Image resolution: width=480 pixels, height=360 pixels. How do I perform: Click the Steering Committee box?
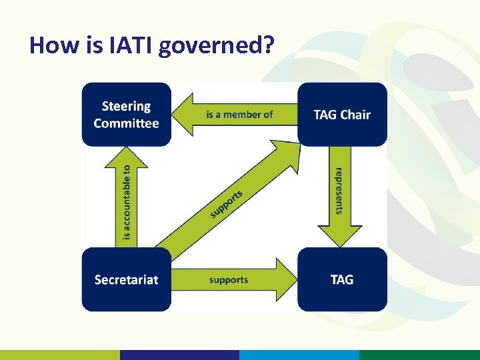click(127, 114)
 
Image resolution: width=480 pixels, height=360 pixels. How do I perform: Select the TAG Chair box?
click(342, 114)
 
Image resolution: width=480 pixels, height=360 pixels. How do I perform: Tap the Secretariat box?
click(127, 279)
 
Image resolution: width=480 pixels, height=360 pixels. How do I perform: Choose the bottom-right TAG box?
click(342, 279)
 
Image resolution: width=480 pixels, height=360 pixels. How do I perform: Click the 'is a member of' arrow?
click(237, 114)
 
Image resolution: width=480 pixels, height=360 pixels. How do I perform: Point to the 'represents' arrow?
click(340, 193)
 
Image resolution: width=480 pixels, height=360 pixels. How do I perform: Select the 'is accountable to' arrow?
click(127, 200)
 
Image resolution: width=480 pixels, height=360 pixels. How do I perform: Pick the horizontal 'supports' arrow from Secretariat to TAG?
click(233, 279)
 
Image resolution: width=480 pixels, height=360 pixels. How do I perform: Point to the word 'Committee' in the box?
click(127, 123)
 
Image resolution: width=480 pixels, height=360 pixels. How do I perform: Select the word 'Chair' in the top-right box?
click(355, 114)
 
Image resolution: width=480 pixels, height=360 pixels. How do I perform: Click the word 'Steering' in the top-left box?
click(127, 106)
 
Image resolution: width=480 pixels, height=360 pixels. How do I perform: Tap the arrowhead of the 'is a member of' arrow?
click(183, 114)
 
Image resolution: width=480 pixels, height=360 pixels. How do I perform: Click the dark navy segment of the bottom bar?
click(179, 355)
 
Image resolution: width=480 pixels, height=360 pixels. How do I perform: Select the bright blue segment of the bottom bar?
click(299, 355)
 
